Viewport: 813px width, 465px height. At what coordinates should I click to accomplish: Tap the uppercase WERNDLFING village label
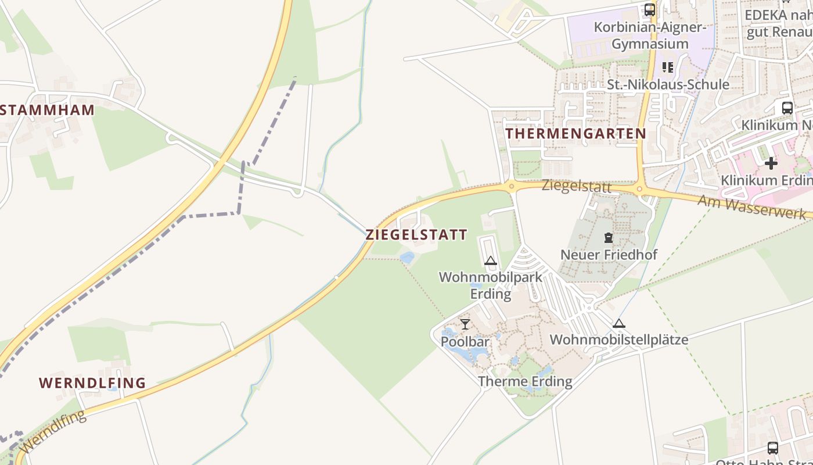92,383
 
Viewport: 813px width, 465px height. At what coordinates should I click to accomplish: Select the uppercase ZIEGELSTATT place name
416,235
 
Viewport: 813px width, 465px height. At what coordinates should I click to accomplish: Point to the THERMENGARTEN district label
575,134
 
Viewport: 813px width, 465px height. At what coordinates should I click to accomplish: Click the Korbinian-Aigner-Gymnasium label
650,35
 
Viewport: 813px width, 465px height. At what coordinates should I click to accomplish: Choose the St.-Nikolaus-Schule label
668,85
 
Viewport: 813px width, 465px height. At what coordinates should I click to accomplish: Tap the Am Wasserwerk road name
751,207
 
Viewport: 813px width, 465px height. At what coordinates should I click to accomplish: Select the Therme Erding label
525,381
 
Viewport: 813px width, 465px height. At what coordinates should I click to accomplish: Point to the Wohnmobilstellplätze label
618,339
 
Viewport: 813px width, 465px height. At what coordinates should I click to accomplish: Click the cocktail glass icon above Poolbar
465,324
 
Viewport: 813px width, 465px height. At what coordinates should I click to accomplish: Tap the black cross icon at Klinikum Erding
771,163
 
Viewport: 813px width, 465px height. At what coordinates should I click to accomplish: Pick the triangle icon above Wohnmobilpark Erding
491,261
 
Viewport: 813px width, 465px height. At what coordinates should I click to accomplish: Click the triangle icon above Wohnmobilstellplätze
619,323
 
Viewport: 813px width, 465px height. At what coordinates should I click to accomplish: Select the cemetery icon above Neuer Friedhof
608,238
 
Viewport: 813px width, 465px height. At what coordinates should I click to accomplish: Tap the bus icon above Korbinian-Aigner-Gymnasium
650,10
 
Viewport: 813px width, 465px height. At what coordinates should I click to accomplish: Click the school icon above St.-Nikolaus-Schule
667,67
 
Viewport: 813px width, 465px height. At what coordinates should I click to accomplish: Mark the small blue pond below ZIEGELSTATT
408,257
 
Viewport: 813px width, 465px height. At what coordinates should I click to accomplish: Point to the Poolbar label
465,341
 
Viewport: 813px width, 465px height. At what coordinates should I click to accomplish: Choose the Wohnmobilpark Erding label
491,285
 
